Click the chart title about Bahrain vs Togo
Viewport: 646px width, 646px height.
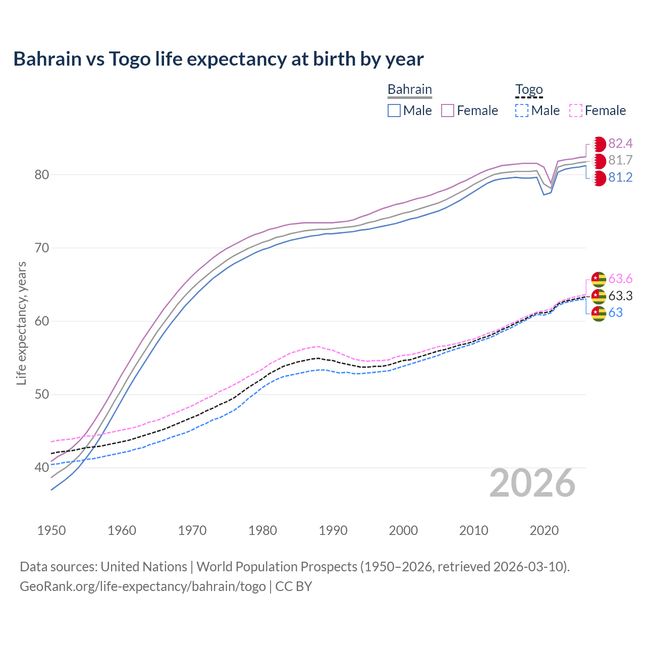tap(219, 59)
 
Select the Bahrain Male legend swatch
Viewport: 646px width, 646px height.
tap(394, 111)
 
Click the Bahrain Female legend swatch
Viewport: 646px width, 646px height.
tap(448, 111)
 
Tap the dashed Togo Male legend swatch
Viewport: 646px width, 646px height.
tap(522, 111)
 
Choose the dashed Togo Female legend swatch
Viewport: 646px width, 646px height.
tap(576, 111)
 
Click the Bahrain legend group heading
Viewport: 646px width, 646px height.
tap(409, 90)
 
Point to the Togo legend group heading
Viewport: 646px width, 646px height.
tap(528, 90)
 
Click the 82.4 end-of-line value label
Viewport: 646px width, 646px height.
tap(620, 144)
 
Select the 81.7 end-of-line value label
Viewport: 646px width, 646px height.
tap(620, 160)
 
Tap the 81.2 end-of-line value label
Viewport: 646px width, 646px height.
tap(620, 178)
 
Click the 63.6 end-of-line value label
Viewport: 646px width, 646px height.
tap(620, 279)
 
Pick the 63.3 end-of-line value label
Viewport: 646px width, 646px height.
tap(620, 296)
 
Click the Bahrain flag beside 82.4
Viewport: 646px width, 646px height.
tap(599, 144)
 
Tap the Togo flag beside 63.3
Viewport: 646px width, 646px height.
tap(599, 296)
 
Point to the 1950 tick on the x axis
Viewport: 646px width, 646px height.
tap(51, 530)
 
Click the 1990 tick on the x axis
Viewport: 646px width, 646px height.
tap(333, 530)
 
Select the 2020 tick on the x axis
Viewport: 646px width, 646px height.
tap(544, 530)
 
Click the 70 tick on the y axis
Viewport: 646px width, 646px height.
tap(41, 248)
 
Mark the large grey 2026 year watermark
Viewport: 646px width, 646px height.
tap(532, 483)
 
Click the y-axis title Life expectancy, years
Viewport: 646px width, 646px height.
tap(22, 323)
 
